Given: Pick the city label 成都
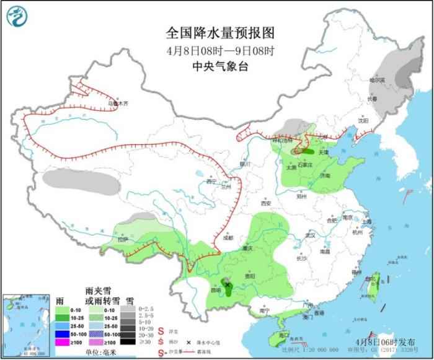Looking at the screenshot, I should (x=228, y=237).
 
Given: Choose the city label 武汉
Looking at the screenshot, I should (x=311, y=235).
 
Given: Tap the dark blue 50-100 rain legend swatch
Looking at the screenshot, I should (x=61, y=332).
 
